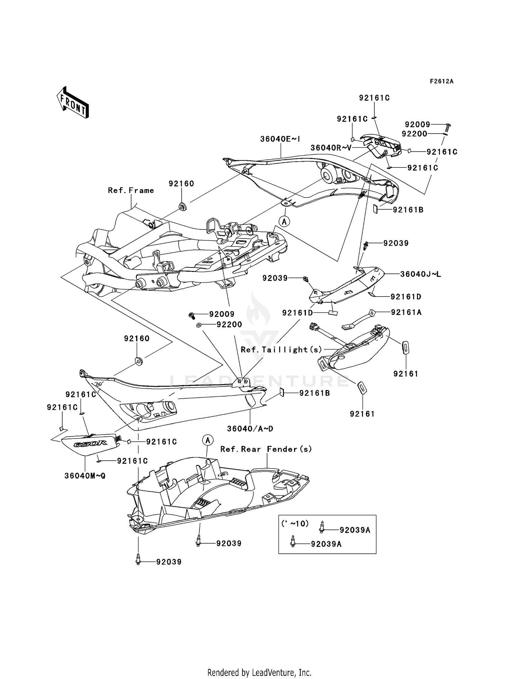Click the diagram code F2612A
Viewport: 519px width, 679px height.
(x=441, y=81)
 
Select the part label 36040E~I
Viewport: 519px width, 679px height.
(x=280, y=139)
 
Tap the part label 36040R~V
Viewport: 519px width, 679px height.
(x=331, y=148)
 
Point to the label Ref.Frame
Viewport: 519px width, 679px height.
(x=131, y=190)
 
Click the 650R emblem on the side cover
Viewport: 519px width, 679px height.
(x=90, y=443)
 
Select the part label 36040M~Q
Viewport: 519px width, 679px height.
(x=85, y=476)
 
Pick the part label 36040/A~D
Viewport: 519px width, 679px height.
(x=250, y=429)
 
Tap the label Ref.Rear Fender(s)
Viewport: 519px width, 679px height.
(x=266, y=449)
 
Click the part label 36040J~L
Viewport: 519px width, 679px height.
(x=420, y=274)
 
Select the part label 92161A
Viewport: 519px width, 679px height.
(x=406, y=312)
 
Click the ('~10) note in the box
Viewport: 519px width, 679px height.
(x=295, y=524)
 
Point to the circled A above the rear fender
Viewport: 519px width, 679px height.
(x=208, y=440)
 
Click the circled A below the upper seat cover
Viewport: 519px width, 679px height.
(x=284, y=221)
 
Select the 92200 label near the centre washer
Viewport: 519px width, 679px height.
(x=229, y=325)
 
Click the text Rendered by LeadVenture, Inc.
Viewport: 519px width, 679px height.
(x=259, y=672)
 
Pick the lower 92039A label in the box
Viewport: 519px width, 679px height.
(x=326, y=544)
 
